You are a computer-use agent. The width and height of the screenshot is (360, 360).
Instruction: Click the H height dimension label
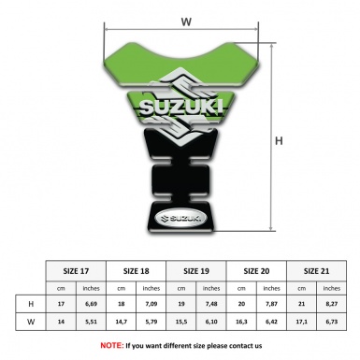tap(279, 141)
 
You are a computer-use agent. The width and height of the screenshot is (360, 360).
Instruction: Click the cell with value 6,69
tap(92, 304)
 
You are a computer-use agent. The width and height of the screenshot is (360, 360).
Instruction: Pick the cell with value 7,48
tap(212, 304)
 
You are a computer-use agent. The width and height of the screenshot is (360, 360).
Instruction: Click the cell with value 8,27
tap(332, 304)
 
